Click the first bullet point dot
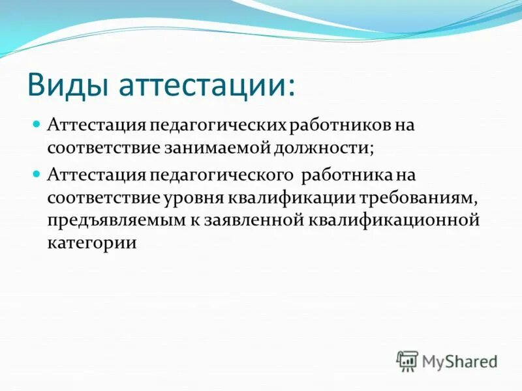pos(37,123)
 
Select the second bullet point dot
pos(37,174)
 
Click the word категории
pos(91,243)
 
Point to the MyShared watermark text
pos(459,360)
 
